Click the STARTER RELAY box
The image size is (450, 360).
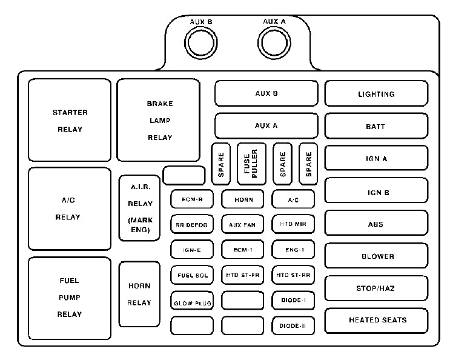tap(70, 120)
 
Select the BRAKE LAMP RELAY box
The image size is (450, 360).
tap(159, 120)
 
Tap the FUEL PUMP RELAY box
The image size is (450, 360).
tap(70, 298)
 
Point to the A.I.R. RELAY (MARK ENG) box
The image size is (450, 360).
tap(140, 208)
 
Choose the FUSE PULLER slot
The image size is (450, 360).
tap(251, 164)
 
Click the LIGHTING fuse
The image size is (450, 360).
tap(376, 94)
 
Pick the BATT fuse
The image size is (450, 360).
tap(376, 127)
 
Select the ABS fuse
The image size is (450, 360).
tap(376, 224)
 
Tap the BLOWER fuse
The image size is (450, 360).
tap(376, 256)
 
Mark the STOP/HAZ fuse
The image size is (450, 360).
tap(376, 288)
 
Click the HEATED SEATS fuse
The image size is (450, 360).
tap(376, 320)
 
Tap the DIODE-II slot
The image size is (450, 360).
tap(293, 326)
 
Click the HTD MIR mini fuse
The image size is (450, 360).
tap(293, 224)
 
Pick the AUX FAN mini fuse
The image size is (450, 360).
tap(242, 224)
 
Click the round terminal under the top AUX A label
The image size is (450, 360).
tap(275, 43)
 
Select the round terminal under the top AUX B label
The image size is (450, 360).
tap(201, 44)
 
